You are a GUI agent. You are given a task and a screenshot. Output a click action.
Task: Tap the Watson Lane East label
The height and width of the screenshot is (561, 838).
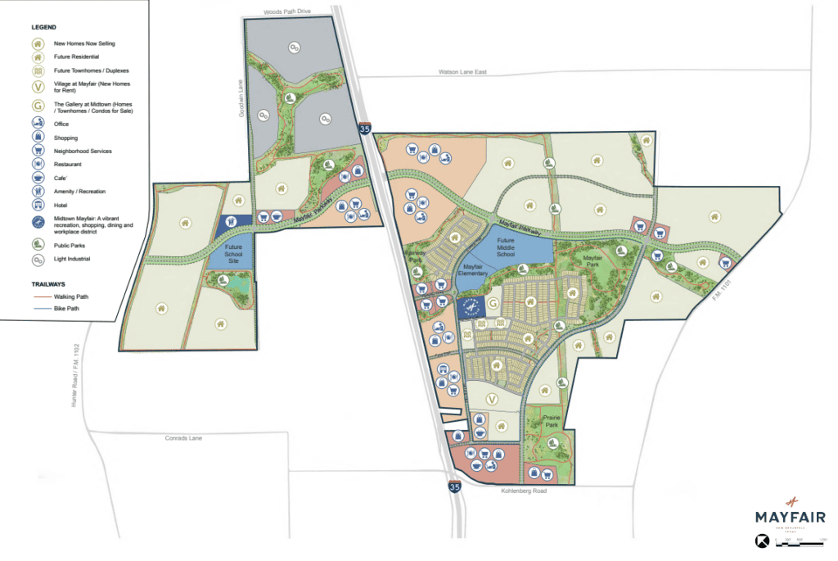pos(462,72)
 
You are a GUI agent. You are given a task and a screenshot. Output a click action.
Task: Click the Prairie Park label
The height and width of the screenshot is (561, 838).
pos(551,421)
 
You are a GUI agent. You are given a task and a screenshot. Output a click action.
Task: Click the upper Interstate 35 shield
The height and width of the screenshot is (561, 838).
pos(363,129)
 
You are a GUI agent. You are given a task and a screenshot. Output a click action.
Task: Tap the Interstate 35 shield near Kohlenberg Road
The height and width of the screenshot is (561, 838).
pos(453,486)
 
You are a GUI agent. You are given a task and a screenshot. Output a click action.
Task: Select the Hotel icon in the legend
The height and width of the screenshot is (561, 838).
pos(38,205)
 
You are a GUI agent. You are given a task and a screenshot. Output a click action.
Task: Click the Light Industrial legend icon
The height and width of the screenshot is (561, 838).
pos(38,260)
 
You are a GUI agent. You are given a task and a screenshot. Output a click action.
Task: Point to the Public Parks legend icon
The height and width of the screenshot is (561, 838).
pos(38,245)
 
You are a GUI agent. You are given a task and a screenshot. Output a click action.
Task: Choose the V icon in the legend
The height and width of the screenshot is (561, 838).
pos(38,87)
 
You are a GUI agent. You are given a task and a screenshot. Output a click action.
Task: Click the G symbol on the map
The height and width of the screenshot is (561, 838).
pos(493,303)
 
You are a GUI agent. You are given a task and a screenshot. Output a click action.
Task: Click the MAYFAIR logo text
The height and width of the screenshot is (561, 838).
pos(791,517)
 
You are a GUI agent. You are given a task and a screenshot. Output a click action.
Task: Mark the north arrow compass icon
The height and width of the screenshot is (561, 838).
pos(760,541)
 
